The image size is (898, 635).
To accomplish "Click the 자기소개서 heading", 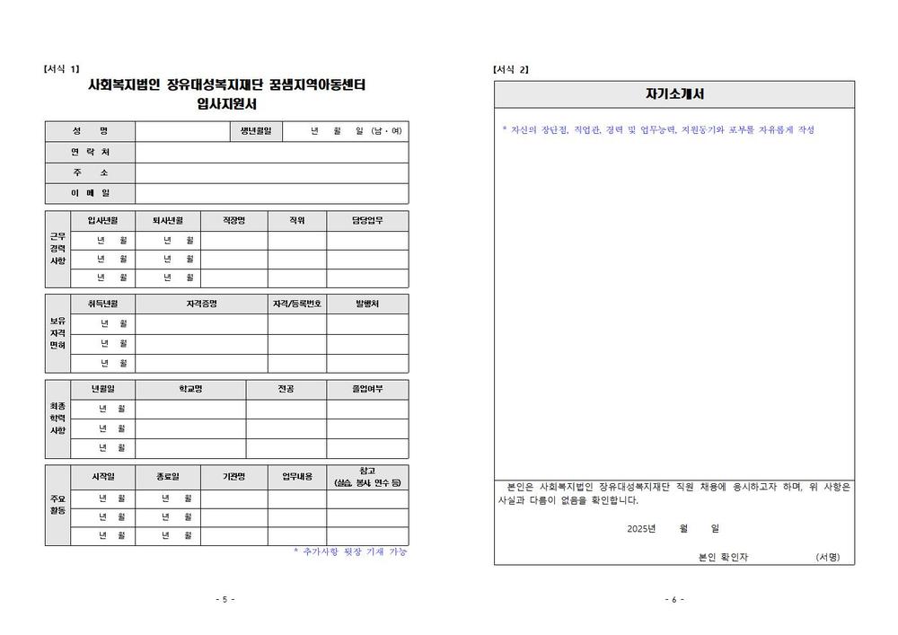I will coord(674,93).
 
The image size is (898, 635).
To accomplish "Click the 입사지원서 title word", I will coord(227,104).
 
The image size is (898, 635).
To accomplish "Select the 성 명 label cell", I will coord(90,131).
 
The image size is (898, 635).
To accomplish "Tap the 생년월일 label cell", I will coord(256,131).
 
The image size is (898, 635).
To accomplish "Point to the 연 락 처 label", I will coord(90,152).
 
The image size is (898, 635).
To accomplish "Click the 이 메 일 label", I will coord(90,193).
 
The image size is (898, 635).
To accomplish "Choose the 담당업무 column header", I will coord(366,220).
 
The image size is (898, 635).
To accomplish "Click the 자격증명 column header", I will coord(201,304).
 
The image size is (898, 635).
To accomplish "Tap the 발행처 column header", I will coord(366,304).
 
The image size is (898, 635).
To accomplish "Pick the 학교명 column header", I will coord(190,389).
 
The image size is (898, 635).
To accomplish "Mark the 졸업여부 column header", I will coord(366,389).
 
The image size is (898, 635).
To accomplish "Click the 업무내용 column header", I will coord(296,476).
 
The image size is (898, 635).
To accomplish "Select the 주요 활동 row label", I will coord(57,505).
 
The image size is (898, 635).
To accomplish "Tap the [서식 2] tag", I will coord(511,69).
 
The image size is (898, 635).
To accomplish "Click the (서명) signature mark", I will coord(827,557).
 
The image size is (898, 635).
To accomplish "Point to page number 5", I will coord(224,599).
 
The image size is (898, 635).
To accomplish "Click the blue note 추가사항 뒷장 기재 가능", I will coord(350,551).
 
